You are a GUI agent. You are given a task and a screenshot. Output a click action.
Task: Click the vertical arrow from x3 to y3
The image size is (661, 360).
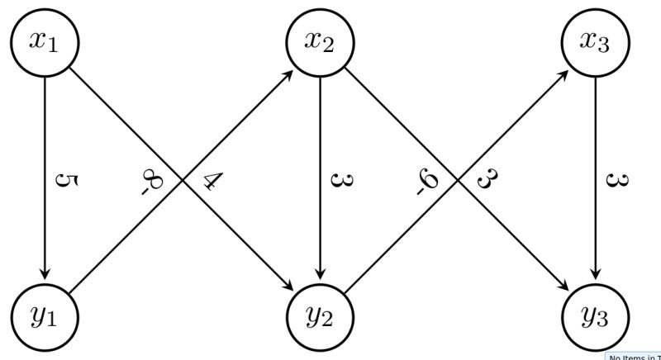coord(596,231)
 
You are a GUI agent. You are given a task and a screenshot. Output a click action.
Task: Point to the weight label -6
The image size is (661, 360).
coord(428,180)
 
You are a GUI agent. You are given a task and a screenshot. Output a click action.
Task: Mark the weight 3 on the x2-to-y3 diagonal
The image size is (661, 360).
coord(487,180)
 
